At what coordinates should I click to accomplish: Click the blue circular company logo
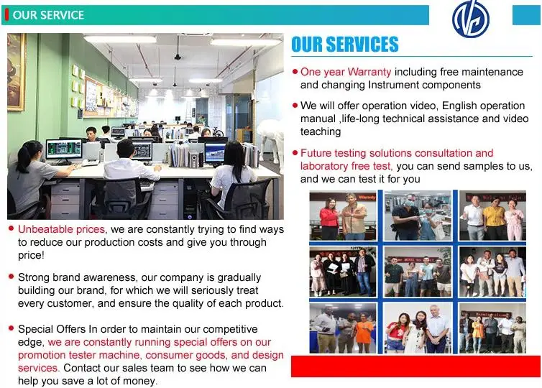pos(470,19)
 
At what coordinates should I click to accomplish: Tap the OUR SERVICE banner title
pos(48,15)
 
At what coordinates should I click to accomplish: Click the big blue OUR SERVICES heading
pos(345,45)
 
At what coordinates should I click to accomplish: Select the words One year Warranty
pos(346,72)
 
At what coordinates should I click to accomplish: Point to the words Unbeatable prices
pos(61,229)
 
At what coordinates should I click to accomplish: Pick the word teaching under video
pos(321,131)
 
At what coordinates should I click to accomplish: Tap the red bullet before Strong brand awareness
pos(12,277)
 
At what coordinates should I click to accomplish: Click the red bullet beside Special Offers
pos(12,328)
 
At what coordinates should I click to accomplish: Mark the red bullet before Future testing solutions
pos(295,152)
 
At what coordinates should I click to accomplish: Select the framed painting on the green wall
pos(16,72)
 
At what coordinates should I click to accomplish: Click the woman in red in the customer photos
pos(329,218)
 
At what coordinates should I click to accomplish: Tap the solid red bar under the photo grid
pos(415,366)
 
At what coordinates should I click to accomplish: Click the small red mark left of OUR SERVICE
pos(6,15)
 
